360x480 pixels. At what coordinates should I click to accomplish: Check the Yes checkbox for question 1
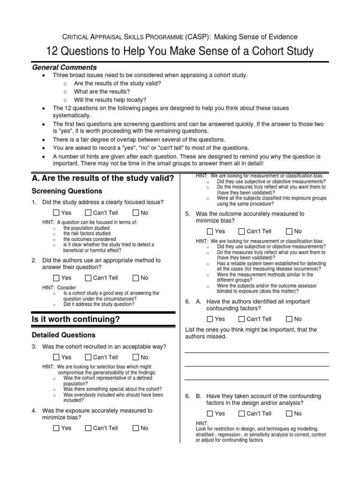tap(56, 213)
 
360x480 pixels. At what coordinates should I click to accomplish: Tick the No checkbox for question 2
tap(136, 277)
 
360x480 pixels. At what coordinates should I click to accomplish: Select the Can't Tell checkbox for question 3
tap(88, 357)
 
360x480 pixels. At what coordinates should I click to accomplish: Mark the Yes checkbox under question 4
tap(56, 428)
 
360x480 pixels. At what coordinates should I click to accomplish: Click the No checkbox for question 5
tap(289, 231)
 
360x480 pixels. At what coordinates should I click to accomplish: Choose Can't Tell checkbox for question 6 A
tap(242, 319)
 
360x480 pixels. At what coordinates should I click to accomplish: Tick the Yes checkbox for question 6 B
tap(210, 413)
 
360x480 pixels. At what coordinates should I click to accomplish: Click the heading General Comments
tap(64, 67)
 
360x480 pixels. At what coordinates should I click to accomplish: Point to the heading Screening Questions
tap(67, 191)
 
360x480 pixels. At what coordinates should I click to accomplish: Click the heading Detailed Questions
tap(63, 335)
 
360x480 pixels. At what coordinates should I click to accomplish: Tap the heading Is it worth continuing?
tap(76, 319)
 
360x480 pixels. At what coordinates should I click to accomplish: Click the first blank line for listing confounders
tap(256, 352)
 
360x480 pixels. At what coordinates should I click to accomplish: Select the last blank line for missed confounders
tap(256, 379)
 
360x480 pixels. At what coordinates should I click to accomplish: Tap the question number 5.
tap(187, 214)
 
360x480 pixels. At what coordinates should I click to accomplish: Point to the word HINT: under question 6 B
tap(202, 423)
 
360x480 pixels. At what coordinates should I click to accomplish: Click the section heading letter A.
tap(35, 178)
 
